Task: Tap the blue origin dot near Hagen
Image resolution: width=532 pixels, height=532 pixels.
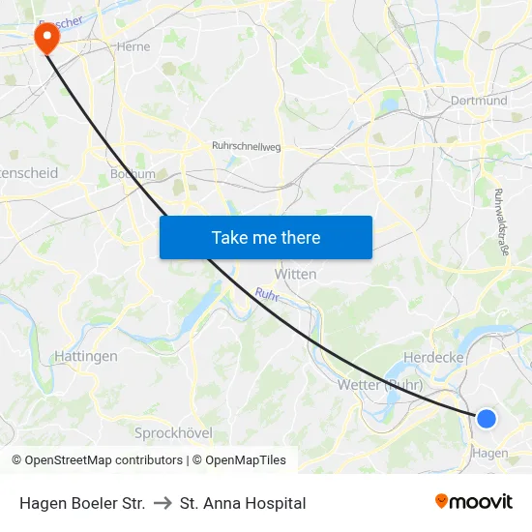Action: click(x=487, y=418)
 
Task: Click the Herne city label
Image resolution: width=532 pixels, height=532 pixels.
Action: click(x=132, y=45)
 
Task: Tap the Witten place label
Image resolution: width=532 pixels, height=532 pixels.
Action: click(x=295, y=274)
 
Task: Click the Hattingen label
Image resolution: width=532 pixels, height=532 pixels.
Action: click(x=86, y=356)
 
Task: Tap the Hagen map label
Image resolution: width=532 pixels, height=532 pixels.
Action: click(x=489, y=453)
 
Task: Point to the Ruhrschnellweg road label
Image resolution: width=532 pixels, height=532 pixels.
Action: click(x=246, y=146)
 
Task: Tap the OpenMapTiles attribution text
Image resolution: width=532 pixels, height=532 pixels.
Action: click(x=242, y=460)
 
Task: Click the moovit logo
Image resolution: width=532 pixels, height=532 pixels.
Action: click(x=473, y=501)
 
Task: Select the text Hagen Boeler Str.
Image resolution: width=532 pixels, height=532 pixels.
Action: click(x=82, y=503)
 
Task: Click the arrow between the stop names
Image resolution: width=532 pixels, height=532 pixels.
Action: click(x=163, y=503)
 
